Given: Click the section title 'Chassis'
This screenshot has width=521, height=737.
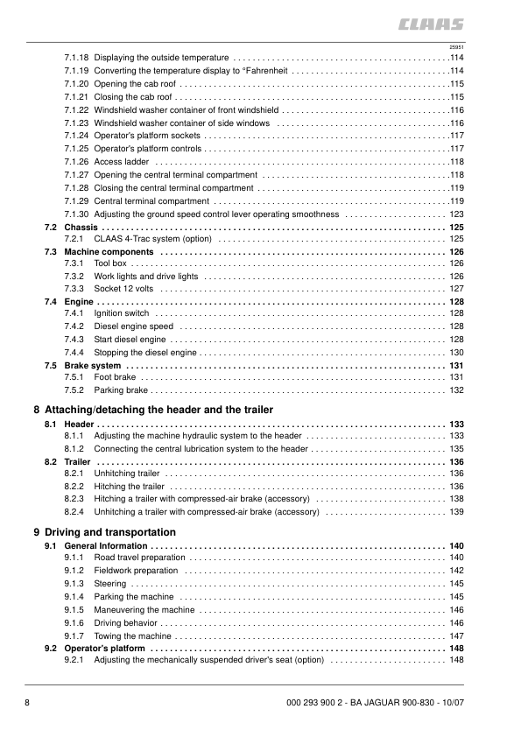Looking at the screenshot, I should tap(81, 227).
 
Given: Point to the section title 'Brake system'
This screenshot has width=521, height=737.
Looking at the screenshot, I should tap(93, 365).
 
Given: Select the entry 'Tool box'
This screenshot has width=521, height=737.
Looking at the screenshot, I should tap(110, 263).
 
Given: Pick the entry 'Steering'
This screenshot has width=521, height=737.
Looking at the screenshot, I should tap(110, 583).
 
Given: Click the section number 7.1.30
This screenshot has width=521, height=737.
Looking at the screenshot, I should tap(77, 214).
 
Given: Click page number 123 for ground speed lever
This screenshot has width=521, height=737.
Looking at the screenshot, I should tap(455, 214).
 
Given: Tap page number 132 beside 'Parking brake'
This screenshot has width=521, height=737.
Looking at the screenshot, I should tap(455, 390).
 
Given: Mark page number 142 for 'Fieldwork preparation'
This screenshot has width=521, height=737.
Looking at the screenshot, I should tap(455, 570).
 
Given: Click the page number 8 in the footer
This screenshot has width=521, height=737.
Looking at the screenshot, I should tap(28, 704).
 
